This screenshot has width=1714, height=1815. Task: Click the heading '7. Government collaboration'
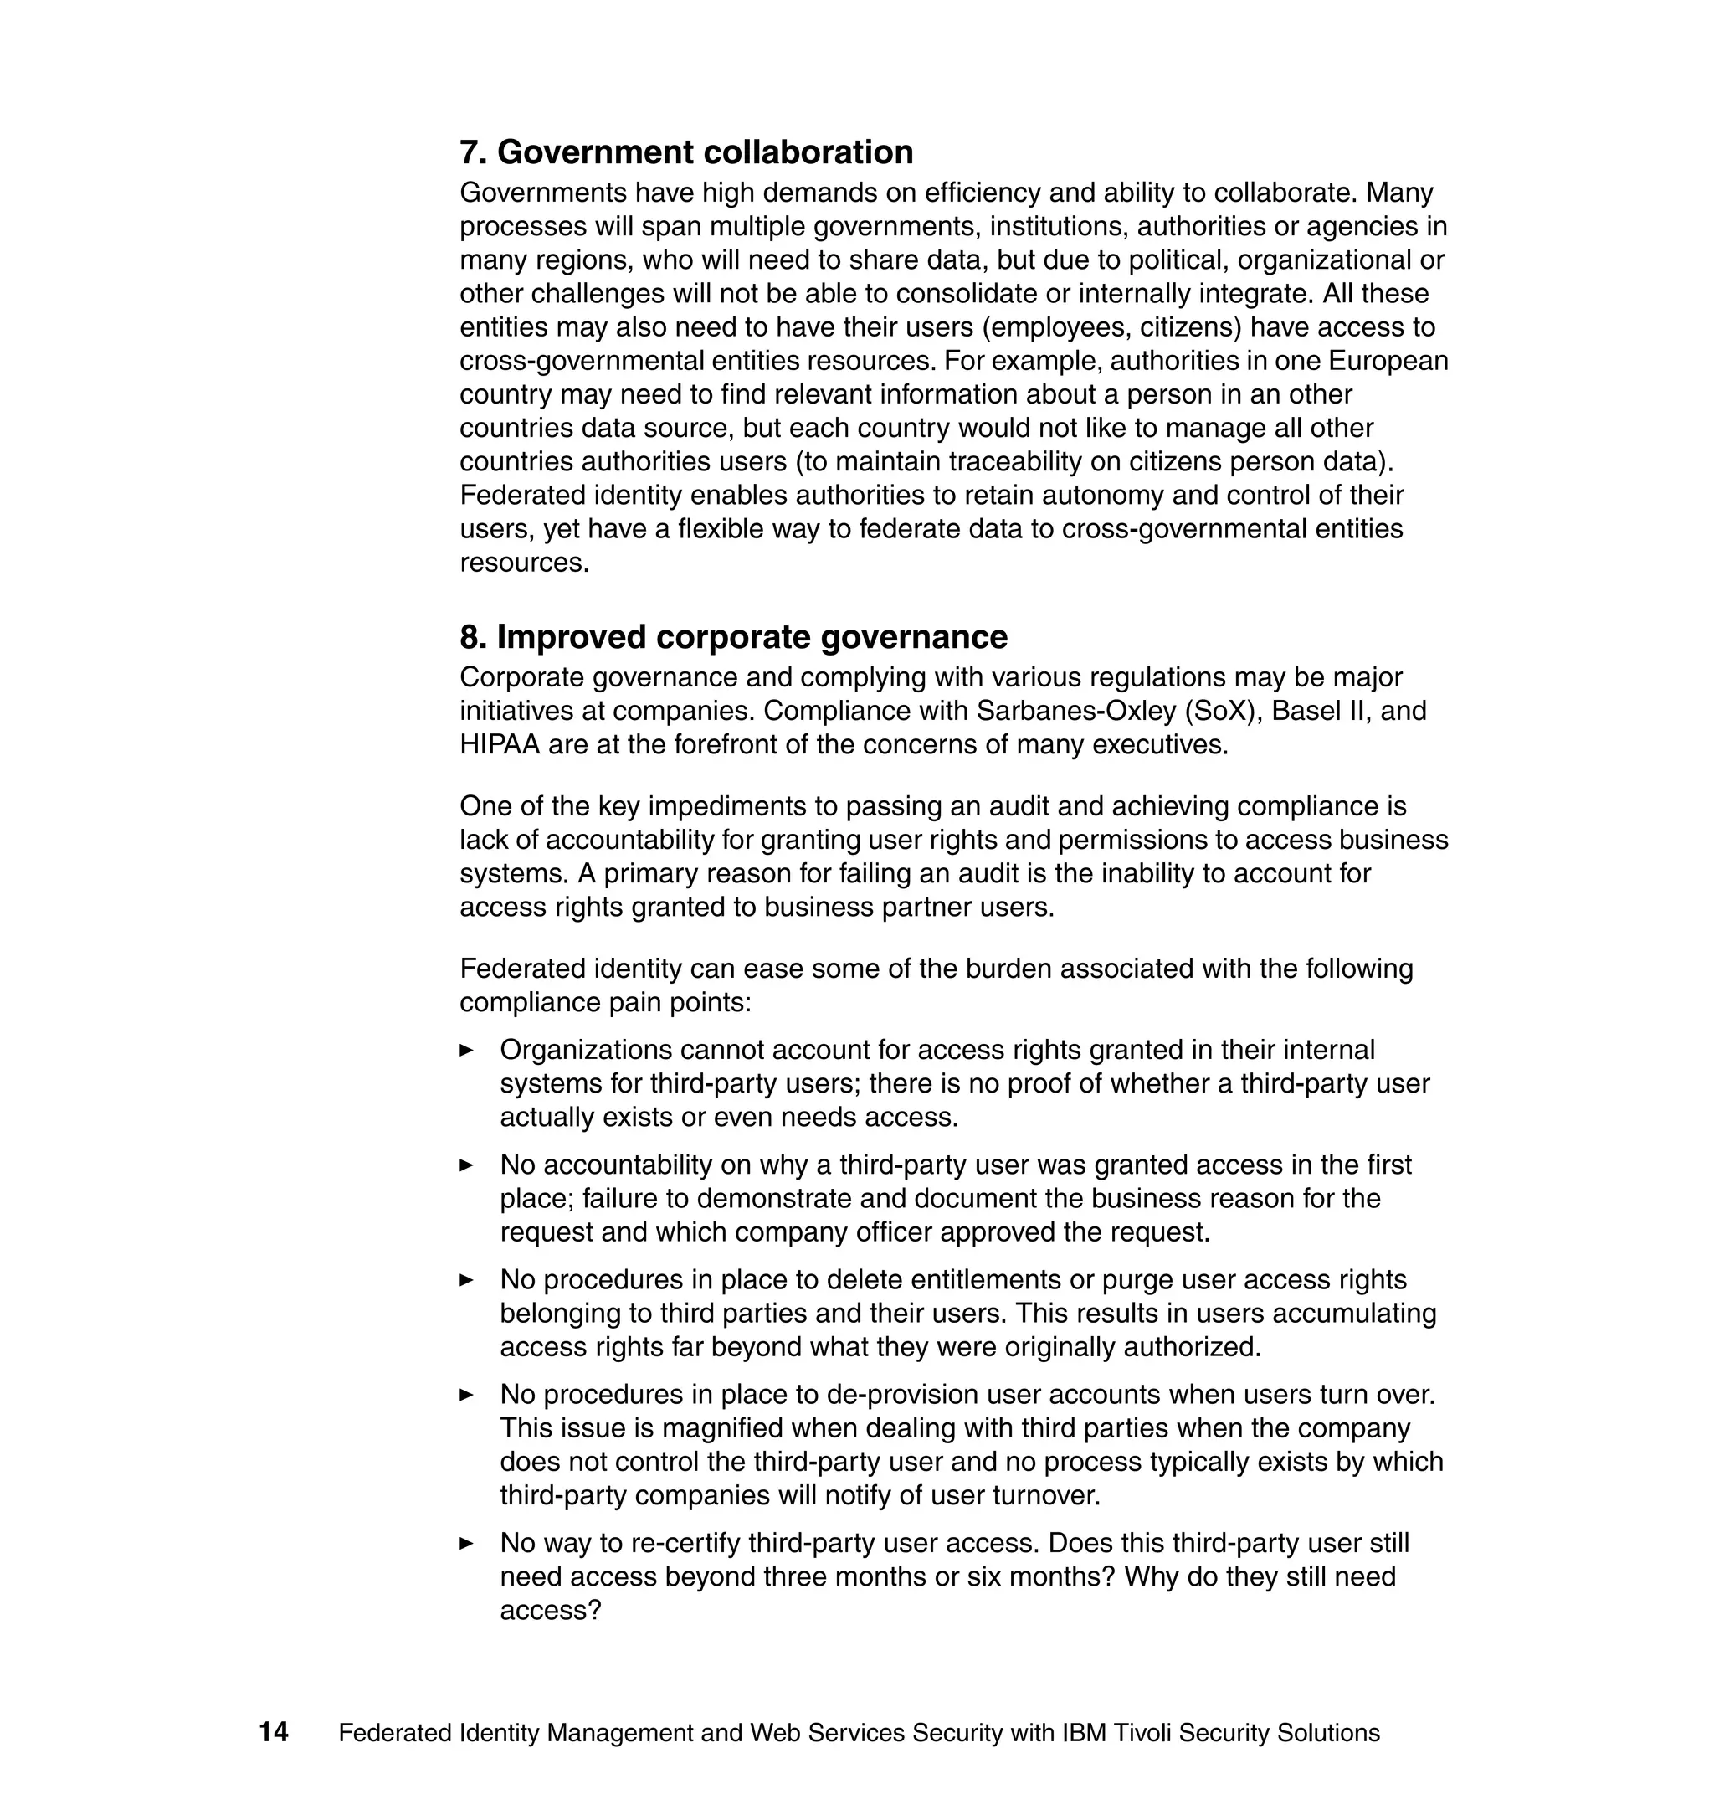point(686,152)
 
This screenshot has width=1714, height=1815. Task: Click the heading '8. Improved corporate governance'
point(733,636)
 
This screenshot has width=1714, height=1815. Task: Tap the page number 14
point(273,1732)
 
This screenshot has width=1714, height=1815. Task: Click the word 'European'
point(1388,361)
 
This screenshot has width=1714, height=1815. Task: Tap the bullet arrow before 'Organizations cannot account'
point(466,1050)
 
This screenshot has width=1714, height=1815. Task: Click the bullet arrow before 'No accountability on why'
point(466,1165)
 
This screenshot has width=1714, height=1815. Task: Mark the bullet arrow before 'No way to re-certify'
point(466,1544)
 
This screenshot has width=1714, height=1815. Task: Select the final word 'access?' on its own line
point(550,1610)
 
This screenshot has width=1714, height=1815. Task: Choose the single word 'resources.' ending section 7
point(525,563)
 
